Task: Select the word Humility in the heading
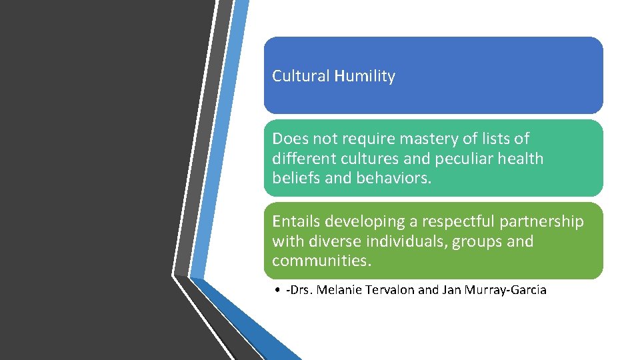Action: tap(365, 76)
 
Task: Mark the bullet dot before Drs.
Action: tap(276, 290)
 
